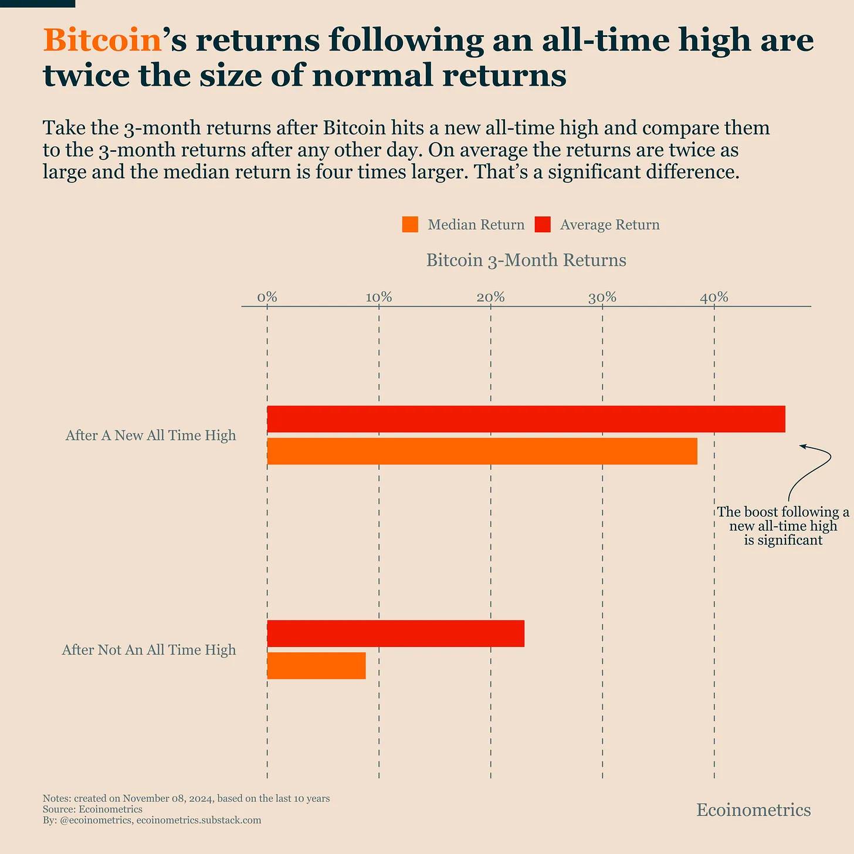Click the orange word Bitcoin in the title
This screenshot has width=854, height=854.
[102, 41]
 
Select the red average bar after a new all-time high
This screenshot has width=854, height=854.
[526, 419]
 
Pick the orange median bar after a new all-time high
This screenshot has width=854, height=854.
[482, 451]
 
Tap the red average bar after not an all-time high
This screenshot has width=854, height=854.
[395, 633]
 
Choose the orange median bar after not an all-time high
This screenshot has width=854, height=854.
[316, 666]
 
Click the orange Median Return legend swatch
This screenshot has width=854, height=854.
[410, 225]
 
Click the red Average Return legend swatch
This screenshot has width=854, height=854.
[543, 225]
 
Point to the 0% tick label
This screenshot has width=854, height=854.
[267, 297]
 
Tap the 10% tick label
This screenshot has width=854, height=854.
[379, 297]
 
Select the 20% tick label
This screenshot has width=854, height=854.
[490, 297]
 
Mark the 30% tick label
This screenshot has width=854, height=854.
[602, 297]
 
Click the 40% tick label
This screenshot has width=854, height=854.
[714, 297]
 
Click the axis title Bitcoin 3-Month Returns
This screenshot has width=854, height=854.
[526, 260]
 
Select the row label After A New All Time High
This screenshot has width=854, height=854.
[151, 435]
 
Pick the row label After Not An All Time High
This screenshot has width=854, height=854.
[149, 650]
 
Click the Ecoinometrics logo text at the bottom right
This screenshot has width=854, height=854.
[753, 810]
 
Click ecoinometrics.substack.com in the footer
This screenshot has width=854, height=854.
[198, 820]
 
